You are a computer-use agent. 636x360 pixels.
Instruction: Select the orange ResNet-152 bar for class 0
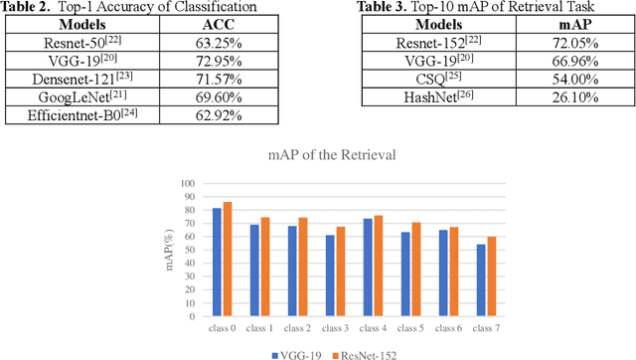[x=228, y=260]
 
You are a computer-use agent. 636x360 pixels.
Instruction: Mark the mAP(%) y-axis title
[x=169, y=250]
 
